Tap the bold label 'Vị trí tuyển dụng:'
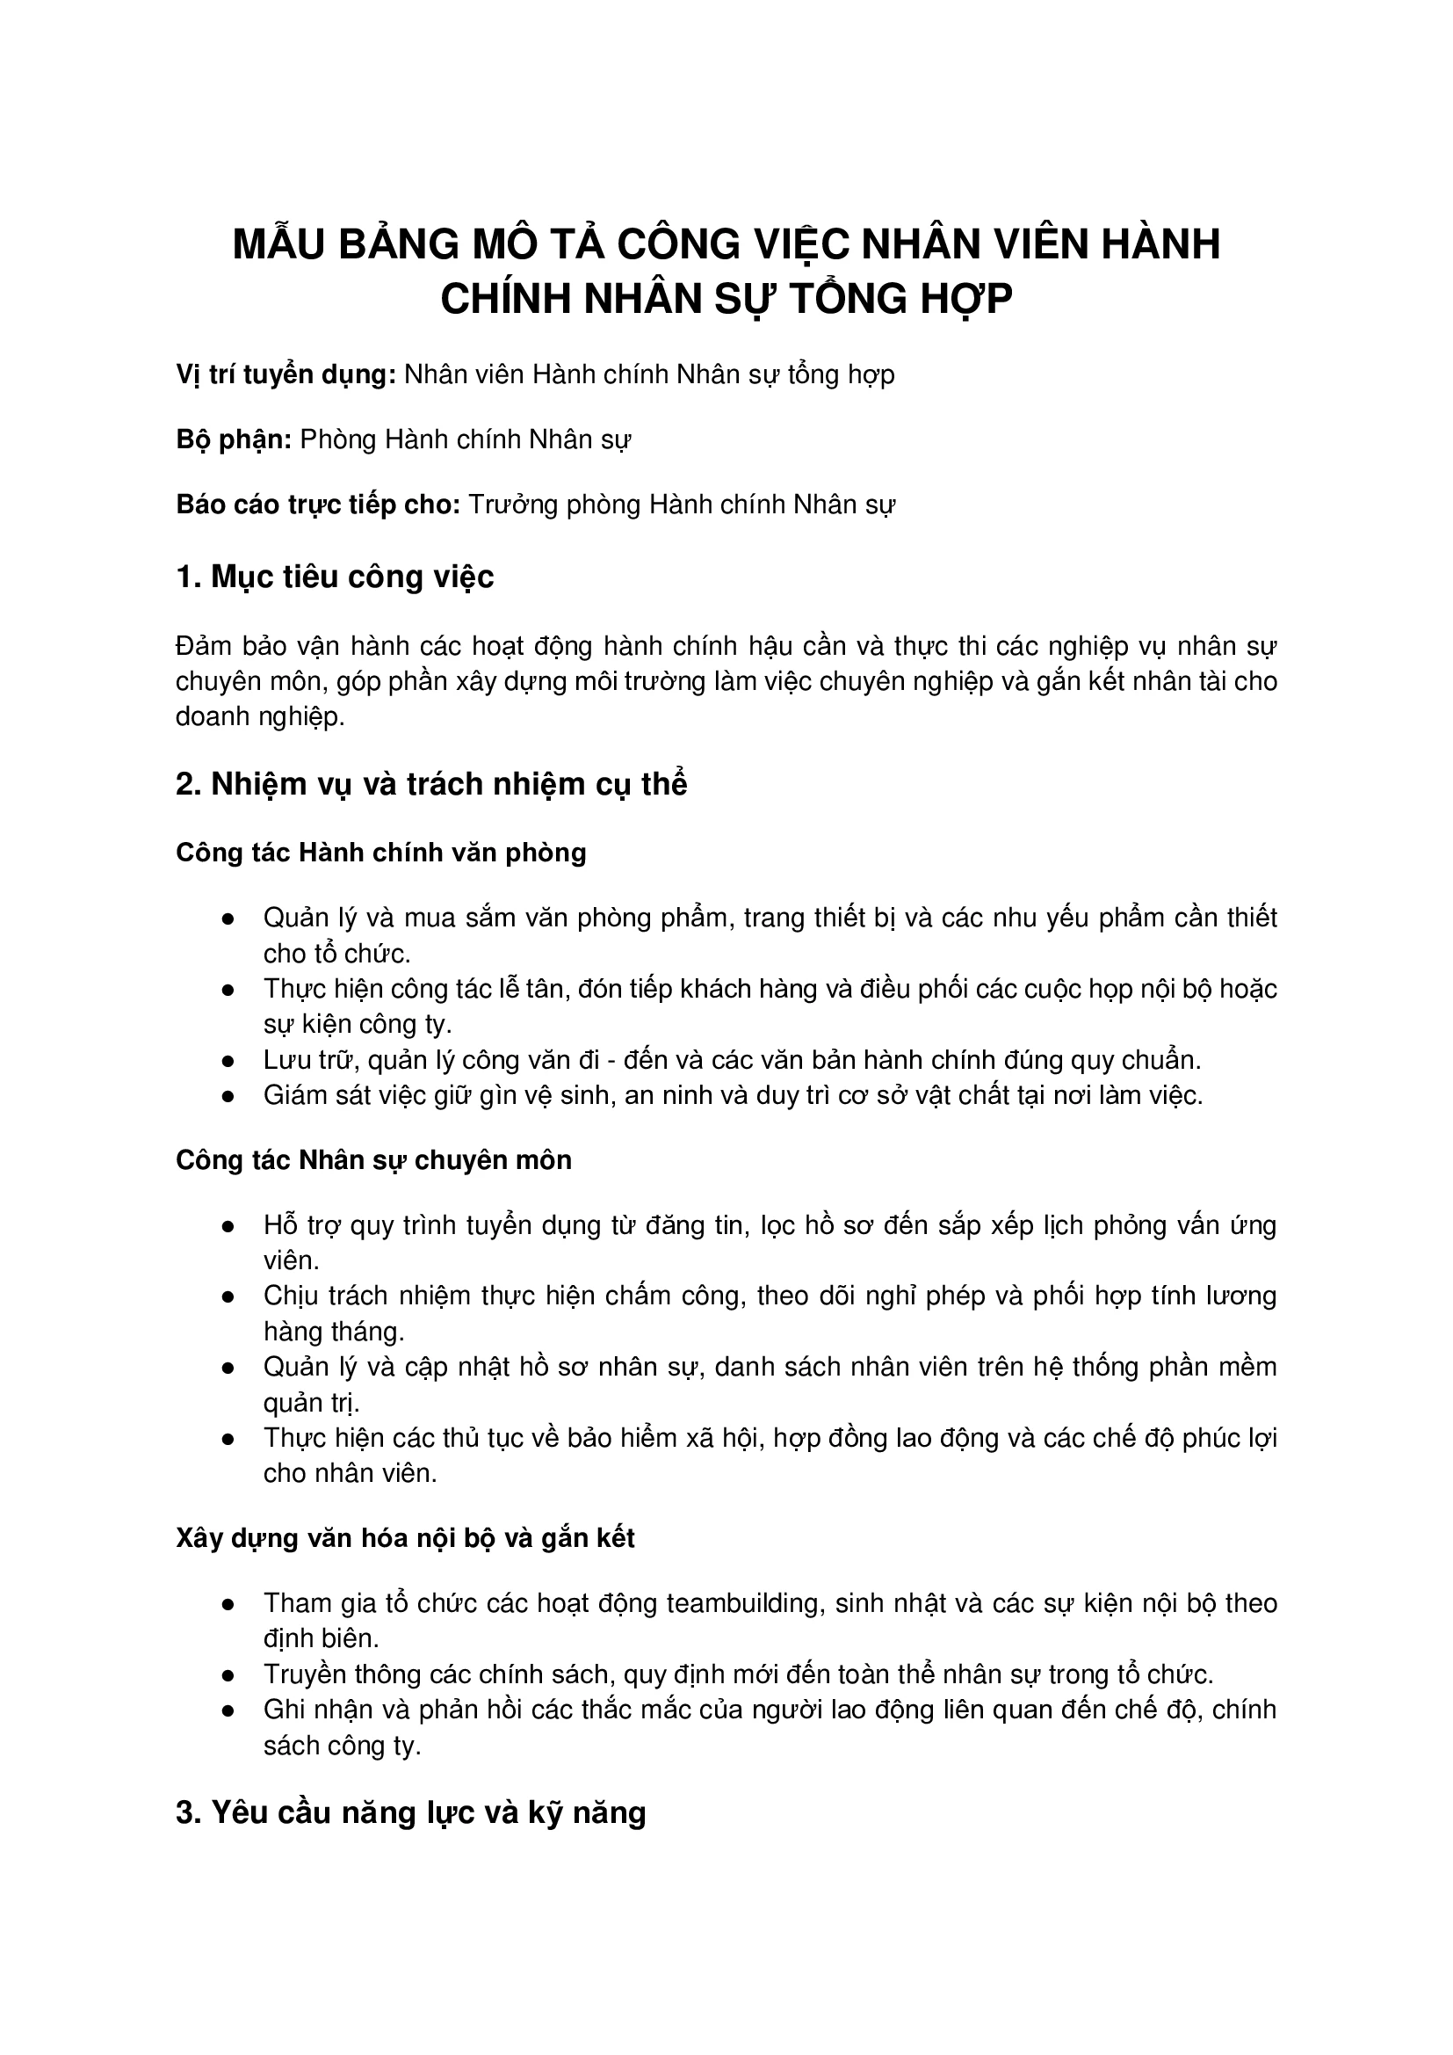point(286,375)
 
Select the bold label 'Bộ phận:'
point(234,440)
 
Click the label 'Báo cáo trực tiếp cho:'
point(318,505)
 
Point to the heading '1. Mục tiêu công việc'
point(335,577)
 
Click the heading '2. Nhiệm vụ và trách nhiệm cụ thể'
point(431,785)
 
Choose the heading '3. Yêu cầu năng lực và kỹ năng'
point(410,1813)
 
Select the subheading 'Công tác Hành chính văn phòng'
point(381,853)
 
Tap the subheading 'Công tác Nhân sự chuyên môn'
point(373,1161)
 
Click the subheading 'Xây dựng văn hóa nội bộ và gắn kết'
point(405,1538)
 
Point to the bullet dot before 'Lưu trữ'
point(228,1063)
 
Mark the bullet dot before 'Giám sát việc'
point(228,1097)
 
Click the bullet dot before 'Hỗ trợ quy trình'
point(228,1227)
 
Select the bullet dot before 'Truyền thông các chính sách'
point(228,1675)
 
